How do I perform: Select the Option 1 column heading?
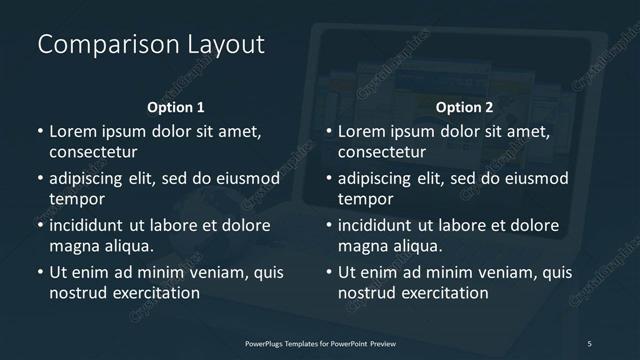tap(176, 107)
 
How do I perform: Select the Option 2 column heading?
tap(465, 107)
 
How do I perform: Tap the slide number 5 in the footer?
tap(590, 343)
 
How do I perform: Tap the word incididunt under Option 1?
tap(91, 225)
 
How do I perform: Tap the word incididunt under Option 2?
tap(381, 225)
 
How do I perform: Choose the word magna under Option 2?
tap(362, 246)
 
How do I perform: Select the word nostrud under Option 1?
tap(76, 293)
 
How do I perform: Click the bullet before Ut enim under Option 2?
tap(329, 272)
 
